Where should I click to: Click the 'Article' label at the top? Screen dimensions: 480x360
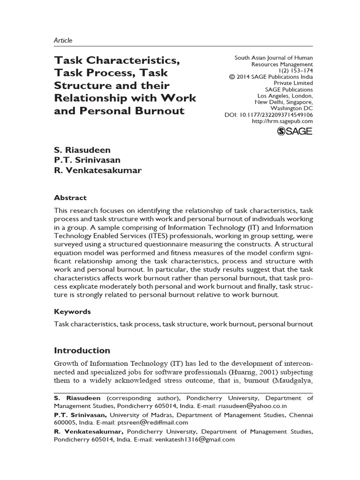63,40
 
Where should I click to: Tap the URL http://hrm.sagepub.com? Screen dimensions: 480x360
282,121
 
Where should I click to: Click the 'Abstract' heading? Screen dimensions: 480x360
70,198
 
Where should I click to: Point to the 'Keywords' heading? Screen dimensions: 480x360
72,311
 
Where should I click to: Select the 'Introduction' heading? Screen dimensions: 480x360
82,350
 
